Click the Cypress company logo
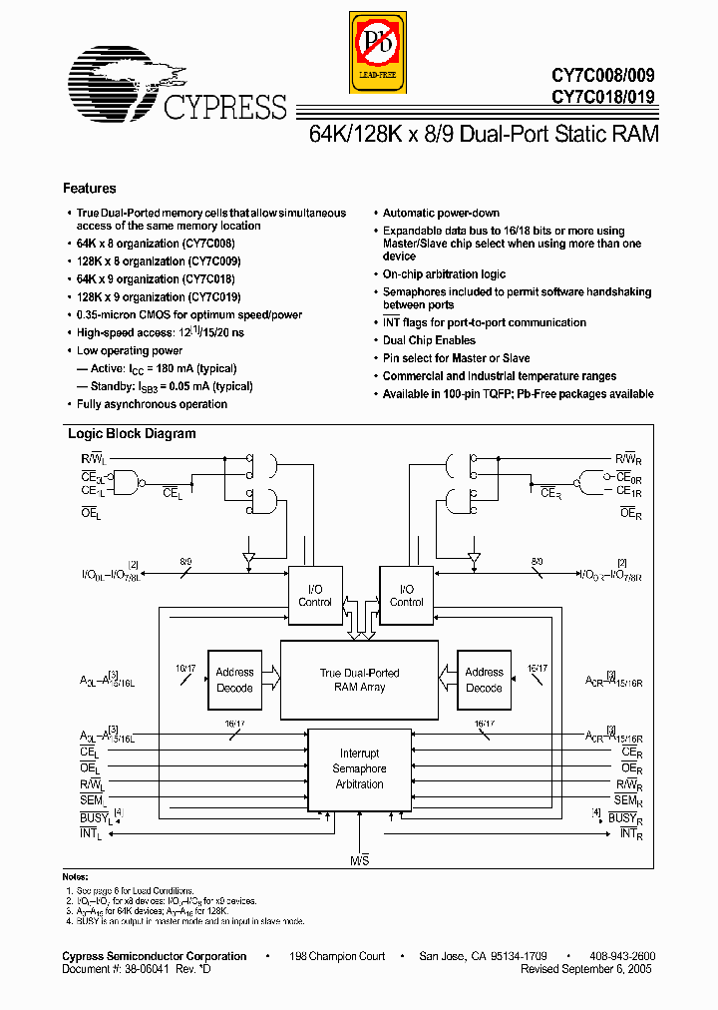coord(175,86)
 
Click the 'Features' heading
coord(90,189)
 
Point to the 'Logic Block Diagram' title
coord(132,434)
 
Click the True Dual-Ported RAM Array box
coord(359,680)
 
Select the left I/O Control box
coord(315,596)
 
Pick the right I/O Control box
coord(406,596)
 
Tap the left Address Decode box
coord(234,680)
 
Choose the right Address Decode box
coord(484,680)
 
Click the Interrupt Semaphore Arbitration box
coord(359,768)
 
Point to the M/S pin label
coord(359,859)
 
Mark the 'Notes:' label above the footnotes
coord(77,875)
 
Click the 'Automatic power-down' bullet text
coord(442,214)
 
